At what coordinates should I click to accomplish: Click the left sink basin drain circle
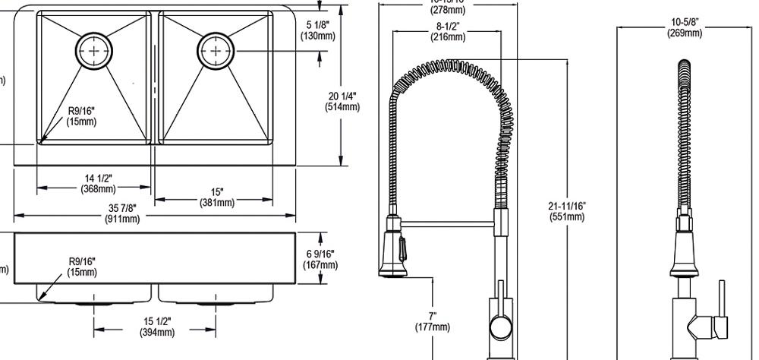pyautogui.click(x=94, y=50)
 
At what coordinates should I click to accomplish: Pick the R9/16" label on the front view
pyautogui.click(x=81, y=267)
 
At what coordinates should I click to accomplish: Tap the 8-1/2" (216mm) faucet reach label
pyautogui.click(x=447, y=33)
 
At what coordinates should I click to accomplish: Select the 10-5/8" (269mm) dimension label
pyautogui.click(x=684, y=28)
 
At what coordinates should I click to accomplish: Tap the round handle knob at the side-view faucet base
pyautogui.click(x=500, y=328)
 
